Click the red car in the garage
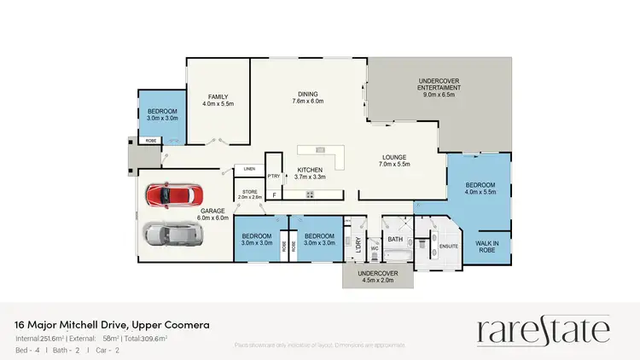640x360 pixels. pos(173,195)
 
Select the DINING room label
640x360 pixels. pos(307,96)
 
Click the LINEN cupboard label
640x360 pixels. pos(250,168)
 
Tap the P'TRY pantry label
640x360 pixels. pos(274,177)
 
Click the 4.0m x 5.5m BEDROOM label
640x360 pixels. pos(480,189)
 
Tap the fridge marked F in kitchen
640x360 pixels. pos(274,195)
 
